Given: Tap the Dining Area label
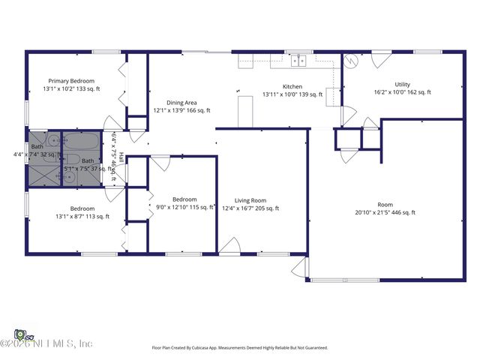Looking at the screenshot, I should [x=181, y=102].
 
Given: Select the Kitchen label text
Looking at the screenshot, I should [x=292, y=86].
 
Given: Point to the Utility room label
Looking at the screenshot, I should [x=402, y=84].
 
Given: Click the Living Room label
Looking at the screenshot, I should [x=251, y=200].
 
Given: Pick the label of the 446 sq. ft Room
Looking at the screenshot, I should [x=385, y=205].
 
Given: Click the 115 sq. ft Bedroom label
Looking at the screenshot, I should [x=184, y=199].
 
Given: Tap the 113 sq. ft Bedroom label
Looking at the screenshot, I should [x=82, y=208].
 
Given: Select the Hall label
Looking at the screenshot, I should [x=120, y=160].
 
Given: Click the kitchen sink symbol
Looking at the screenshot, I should [x=300, y=61].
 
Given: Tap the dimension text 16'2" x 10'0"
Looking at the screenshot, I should [x=402, y=92].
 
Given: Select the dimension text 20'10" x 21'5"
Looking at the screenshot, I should [x=385, y=213].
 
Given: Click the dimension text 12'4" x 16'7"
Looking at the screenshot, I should [x=251, y=208].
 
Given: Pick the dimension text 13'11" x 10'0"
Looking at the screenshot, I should [x=292, y=94].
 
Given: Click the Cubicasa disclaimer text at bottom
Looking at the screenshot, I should [x=240, y=348].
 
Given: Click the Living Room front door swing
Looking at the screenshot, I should [x=229, y=246].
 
